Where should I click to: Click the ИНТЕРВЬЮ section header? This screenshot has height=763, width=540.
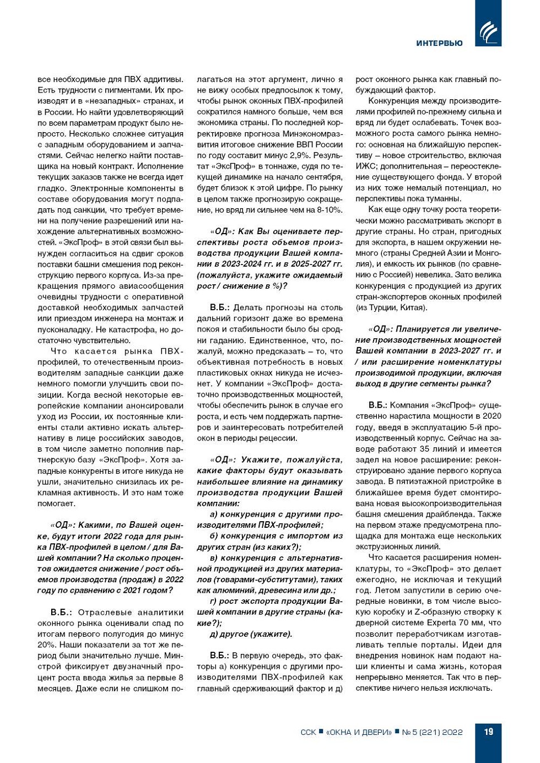click(x=439, y=44)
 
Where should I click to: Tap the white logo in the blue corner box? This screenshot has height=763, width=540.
click(x=488, y=32)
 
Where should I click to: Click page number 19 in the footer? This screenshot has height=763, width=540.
click(x=488, y=732)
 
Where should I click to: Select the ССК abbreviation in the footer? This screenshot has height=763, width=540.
click(x=308, y=732)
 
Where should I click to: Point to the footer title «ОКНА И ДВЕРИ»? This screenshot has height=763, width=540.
click(x=359, y=732)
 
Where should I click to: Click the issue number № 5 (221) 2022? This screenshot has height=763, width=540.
click(x=432, y=732)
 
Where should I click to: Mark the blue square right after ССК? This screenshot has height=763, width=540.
click(x=321, y=732)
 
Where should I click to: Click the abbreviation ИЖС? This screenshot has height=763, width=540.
click(x=365, y=166)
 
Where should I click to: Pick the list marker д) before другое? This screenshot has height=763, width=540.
click(x=214, y=634)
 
